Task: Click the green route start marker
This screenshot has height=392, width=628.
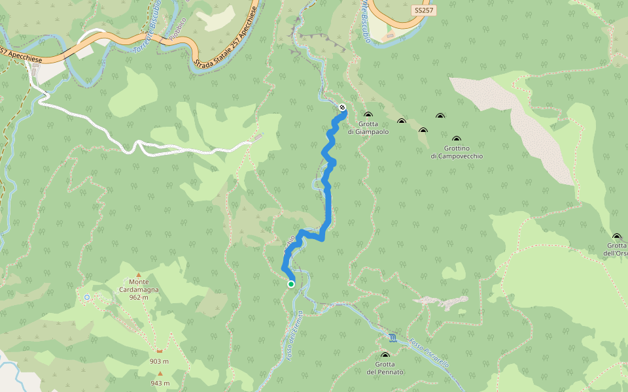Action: coord(291,284)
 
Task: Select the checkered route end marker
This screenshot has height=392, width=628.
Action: coord(342,107)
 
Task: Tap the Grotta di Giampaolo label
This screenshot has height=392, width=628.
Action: coord(368,127)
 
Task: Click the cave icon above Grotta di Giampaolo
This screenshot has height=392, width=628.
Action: coord(368,115)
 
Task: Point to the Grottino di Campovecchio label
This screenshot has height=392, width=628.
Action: coord(457,152)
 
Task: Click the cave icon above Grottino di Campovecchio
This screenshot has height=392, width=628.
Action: coord(456,139)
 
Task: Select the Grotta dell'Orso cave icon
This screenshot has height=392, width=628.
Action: coord(616,237)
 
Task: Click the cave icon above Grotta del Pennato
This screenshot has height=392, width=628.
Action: coord(385,355)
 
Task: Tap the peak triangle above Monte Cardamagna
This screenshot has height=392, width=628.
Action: coord(138,276)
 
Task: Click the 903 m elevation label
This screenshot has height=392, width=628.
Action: coord(159,361)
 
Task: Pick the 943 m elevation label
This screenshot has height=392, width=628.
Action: coord(160,383)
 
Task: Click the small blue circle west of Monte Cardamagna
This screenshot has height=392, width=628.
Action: coord(87,297)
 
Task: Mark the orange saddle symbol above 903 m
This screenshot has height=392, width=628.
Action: coord(159,351)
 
